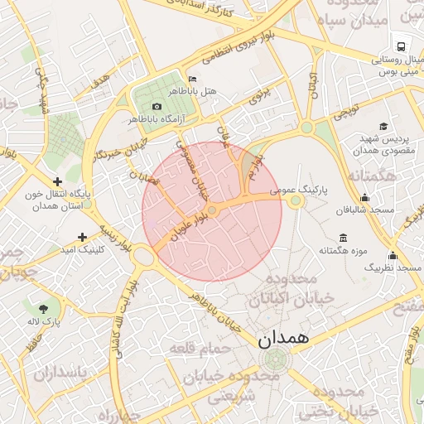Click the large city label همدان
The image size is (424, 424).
[x=282, y=339]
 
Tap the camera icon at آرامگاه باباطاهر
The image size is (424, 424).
[x=157, y=106]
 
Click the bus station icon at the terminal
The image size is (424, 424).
[x=401, y=47]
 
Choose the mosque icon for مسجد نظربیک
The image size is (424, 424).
[x=393, y=256]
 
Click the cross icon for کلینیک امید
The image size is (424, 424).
[x=82, y=237]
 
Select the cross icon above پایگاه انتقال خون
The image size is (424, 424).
[x=57, y=181]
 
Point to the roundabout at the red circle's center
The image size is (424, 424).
[x=212, y=211]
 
